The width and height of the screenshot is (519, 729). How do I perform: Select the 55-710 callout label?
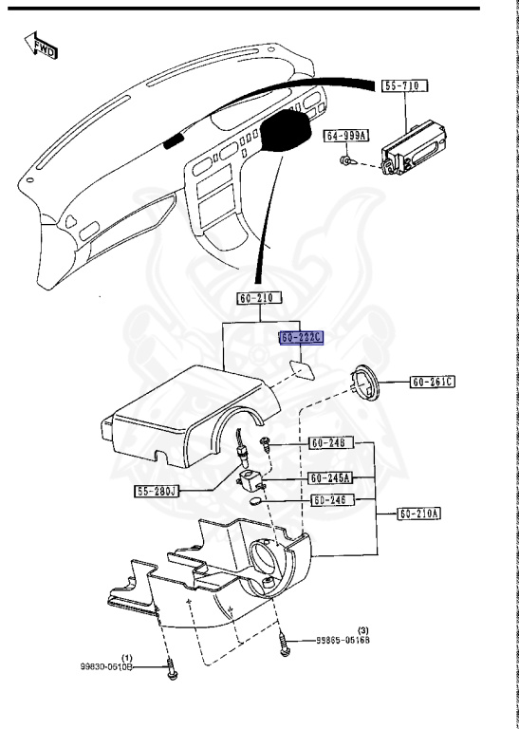pos(404,86)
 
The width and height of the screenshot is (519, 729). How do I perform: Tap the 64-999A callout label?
pos(345,137)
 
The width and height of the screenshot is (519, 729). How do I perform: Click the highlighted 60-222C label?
pos(302,338)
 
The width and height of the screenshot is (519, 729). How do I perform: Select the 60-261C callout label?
pos(433,383)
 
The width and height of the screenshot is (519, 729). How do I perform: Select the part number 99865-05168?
pos(343,641)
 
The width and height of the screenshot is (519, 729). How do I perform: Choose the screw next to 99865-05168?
pos(284,645)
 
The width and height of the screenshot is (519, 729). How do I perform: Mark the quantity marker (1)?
pos(127,656)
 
